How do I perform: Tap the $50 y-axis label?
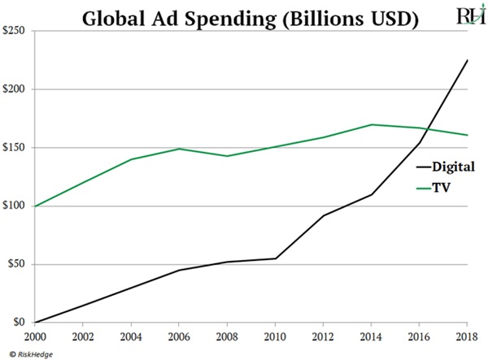point(17,264)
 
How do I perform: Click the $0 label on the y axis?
point(20,323)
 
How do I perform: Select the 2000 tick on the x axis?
point(34,336)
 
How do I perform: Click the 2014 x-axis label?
point(371,336)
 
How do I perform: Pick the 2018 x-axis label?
point(465,336)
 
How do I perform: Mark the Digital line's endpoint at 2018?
point(465,60)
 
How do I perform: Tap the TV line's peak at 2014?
point(371,124)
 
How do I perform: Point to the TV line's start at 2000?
point(35,206)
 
